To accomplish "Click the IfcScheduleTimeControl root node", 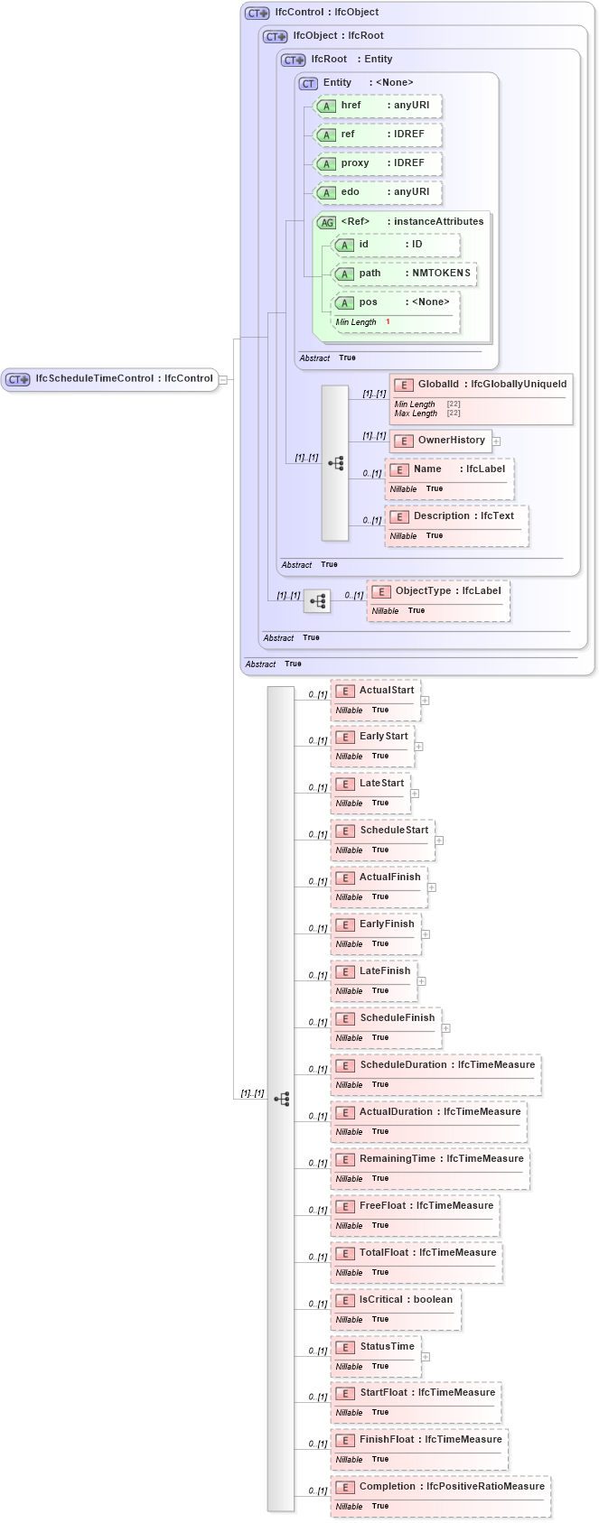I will [108, 379].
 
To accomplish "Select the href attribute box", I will [377, 106].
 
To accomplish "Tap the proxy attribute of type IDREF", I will [377, 163].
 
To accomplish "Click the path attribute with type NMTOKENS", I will [404, 274].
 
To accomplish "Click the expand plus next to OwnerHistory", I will [496, 441].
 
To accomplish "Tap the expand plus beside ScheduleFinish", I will [445, 1028].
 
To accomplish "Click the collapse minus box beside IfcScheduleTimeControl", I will [223, 380].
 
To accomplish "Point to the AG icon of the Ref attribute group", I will [326, 223].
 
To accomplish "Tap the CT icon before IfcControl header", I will [257, 14].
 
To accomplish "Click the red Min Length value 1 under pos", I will [388, 322].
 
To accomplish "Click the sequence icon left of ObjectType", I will [317, 600].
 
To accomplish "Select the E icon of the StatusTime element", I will [344, 1348].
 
